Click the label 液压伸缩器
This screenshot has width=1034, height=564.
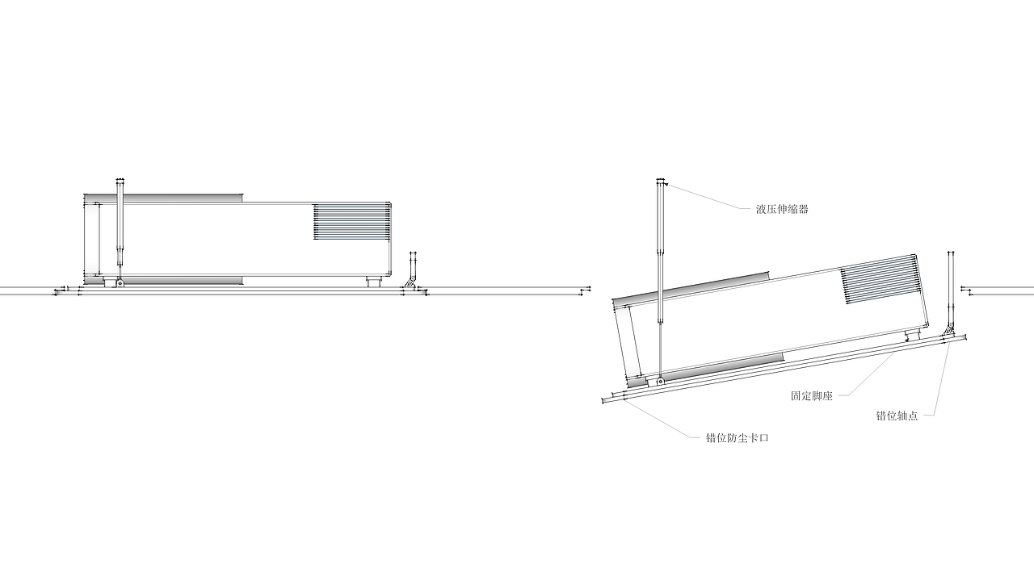tap(782, 209)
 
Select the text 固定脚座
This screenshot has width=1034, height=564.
tap(811, 395)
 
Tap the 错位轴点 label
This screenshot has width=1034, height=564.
tap(897, 416)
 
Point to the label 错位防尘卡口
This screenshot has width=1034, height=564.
tap(738, 437)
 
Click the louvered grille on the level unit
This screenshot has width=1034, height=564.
tap(351, 222)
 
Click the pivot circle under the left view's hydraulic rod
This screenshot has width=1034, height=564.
tap(120, 282)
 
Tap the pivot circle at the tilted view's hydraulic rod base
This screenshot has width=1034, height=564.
tap(660, 382)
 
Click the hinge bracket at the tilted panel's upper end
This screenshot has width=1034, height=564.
tap(948, 330)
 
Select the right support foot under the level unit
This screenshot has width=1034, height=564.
tap(374, 282)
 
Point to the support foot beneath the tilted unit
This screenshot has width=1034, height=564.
tap(912, 334)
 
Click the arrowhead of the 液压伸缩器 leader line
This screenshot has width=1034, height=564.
tap(666, 185)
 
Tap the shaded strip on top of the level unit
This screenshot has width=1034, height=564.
tap(163, 198)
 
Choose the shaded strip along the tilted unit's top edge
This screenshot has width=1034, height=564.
tap(691, 288)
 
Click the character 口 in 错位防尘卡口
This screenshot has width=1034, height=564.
tap(764, 437)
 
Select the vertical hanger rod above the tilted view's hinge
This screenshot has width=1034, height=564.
tap(951, 288)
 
